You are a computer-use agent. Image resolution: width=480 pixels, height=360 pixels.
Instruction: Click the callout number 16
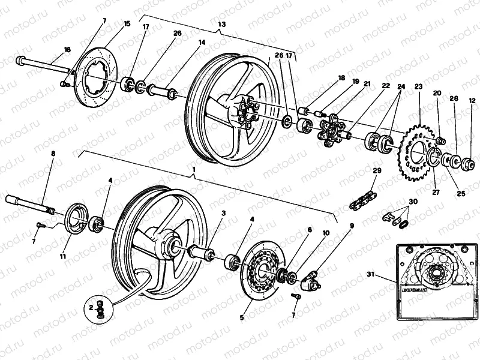click(x=66, y=49)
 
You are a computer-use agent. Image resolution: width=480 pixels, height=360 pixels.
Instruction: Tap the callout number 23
click(x=418, y=87)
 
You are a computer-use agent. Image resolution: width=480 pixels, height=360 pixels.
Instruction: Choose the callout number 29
click(x=376, y=171)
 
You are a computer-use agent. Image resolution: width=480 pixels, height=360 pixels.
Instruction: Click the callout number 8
click(x=53, y=154)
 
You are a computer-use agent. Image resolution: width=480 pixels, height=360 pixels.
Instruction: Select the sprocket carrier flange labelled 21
click(x=331, y=133)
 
